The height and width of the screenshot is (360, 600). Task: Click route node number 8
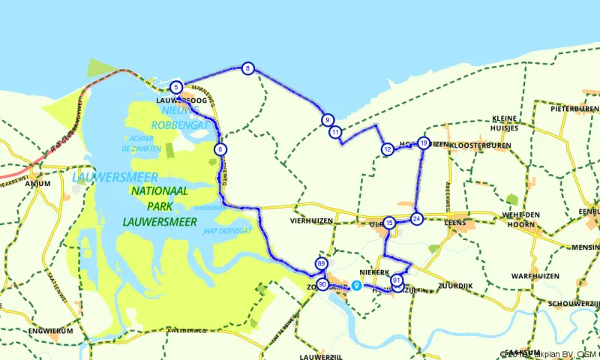pos(247,69)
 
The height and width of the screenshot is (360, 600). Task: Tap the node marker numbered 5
pos(176,87)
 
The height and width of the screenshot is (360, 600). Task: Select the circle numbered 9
pos(327,120)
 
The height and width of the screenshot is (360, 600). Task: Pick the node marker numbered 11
pos(335,132)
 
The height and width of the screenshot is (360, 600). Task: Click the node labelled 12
pos(387,149)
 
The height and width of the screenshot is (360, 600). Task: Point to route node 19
pos(424,143)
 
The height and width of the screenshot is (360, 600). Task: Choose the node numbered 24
pos(417,218)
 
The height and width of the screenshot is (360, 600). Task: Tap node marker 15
pos(389,223)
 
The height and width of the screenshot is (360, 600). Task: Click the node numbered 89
pos(322,264)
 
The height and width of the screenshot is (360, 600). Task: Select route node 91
pos(397,281)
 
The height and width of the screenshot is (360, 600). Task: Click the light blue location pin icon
pos(357,285)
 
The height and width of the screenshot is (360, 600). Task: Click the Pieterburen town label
pos(574,109)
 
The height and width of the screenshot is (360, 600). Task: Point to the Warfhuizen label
pos(535,276)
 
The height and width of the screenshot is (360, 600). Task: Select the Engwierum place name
pos(49,330)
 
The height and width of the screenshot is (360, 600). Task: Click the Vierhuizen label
pos(311,222)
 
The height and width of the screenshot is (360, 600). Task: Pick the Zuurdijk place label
pos(455,286)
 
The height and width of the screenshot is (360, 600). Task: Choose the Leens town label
pos(456,223)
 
